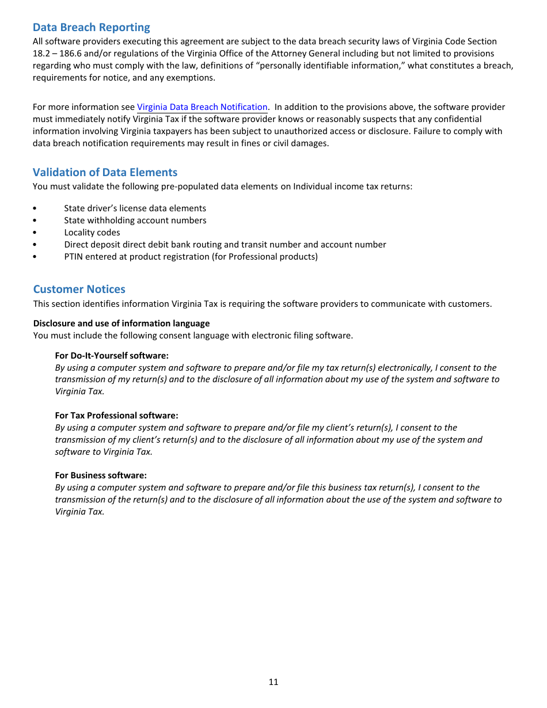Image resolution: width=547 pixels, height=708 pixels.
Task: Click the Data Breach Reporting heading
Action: (91, 28)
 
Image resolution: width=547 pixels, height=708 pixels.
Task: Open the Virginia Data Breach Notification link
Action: (202, 107)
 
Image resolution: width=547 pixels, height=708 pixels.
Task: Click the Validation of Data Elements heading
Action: (105, 173)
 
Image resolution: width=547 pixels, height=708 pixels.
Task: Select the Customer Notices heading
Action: (79, 290)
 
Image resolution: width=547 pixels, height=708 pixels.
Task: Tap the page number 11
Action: (273, 682)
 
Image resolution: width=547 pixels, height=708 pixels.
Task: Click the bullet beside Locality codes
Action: (35, 233)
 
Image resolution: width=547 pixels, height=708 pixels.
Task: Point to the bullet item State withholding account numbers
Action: (135, 220)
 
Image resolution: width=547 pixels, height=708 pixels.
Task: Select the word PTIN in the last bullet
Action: (74, 257)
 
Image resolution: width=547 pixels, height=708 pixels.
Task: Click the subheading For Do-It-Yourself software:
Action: (112, 356)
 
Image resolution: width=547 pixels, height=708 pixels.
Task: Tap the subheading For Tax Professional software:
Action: (116, 416)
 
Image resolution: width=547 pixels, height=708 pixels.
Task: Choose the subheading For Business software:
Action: (101, 475)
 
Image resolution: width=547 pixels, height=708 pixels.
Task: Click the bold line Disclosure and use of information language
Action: (121, 323)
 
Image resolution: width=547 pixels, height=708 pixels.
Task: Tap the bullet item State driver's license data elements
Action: (135, 208)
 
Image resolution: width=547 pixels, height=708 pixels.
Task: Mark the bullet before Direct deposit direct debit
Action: (35, 245)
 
